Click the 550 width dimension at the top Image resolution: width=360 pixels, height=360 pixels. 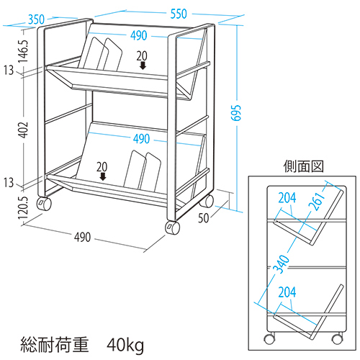179,14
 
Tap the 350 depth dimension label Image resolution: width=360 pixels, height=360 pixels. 36,19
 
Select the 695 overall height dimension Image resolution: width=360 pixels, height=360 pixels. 235,112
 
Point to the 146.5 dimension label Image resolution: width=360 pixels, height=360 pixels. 24,51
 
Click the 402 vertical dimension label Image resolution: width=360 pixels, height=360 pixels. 24,130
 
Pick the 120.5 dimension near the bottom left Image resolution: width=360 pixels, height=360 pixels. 24,208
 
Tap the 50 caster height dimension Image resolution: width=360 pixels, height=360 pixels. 204,218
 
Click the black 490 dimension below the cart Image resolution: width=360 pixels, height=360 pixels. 82,237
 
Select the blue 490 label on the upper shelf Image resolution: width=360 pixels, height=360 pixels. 139,35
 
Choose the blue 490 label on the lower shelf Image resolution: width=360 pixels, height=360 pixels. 141,139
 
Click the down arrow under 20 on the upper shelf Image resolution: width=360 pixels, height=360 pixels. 143,66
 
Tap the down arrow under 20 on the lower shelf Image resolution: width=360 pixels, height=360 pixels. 103,176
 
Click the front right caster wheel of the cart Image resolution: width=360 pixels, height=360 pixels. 172,228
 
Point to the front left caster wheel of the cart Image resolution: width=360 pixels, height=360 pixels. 44,204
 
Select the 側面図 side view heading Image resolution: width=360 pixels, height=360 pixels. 303,166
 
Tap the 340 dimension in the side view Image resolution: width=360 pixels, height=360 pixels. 282,264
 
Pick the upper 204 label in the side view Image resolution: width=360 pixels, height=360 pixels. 287,197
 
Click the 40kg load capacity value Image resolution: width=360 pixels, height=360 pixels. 125,346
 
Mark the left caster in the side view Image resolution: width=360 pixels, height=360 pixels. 269,338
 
